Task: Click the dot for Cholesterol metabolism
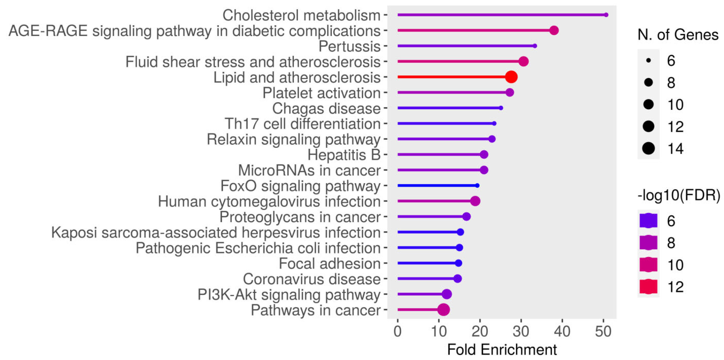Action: (x=606, y=15)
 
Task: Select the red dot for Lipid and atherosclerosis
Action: (x=511, y=77)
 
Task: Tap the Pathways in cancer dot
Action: (x=443, y=310)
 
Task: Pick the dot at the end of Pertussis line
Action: (x=535, y=46)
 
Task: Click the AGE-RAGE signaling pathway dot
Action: (x=554, y=30)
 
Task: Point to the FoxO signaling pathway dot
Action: (x=477, y=185)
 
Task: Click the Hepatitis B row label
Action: (x=344, y=155)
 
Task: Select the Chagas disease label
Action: (x=326, y=109)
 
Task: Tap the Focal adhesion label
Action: (x=329, y=264)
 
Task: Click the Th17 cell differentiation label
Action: (x=302, y=124)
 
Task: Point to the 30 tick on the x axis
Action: (x=521, y=332)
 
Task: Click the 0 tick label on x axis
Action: (x=397, y=332)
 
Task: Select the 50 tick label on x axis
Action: (x=603, y=332)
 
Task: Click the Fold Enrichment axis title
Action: (x=502, y=350)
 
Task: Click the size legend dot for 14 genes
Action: (x=648, y=148)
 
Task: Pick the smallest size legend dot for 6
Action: (x=648, y=60)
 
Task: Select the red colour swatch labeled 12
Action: (x=648, y=287)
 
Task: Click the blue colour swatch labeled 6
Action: (x=648, y=221)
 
